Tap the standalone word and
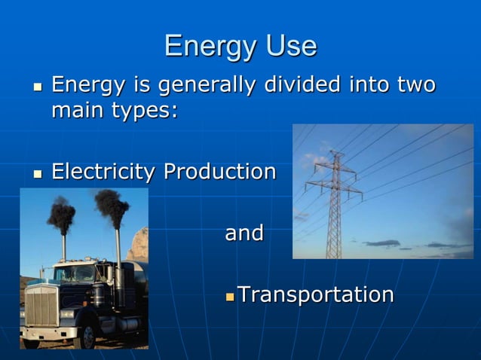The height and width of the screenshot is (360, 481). (x=244, y=233)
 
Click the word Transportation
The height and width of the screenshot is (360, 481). (x=315, y=294)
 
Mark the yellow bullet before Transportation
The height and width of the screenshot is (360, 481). (x=231, y=295)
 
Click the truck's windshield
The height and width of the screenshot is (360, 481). (x=75, y=273)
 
